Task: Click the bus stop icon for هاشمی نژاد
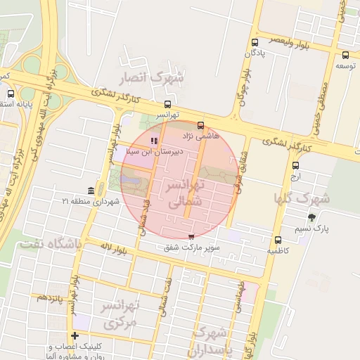click(x=201, y=125)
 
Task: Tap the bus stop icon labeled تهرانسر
click(x=167, y=105)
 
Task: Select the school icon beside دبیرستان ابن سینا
click(x=155, y=141)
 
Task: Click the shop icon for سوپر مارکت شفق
click(x=191, y=238)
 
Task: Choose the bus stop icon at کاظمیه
click(x=278, y=240)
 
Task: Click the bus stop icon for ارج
click(x=295, y=166)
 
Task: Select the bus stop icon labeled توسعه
click(x=345, y=55)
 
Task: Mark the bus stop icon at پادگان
click(x=254, y=43)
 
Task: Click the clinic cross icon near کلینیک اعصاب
click(x=75, y=335)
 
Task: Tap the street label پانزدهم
click(x=51, y=298)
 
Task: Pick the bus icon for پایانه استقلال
click(x=11, y=94)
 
